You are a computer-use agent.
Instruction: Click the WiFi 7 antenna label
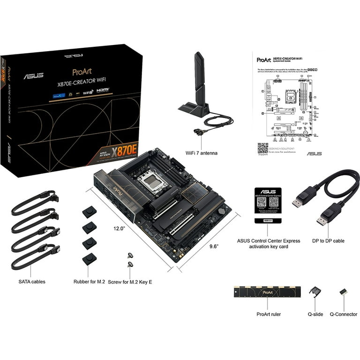click(201, 153)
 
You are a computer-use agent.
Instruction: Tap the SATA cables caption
click(32, 282)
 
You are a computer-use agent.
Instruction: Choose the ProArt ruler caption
click(269, 315)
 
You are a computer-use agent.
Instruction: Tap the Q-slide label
click(315, 315)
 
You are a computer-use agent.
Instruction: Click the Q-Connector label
click(343, 315)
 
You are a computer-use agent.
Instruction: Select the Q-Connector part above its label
click(343, 292)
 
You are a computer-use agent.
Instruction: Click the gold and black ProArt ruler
click(267, 292)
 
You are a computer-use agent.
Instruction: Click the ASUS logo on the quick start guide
click(314, 154)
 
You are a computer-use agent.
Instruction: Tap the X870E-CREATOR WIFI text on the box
click(82, 82)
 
